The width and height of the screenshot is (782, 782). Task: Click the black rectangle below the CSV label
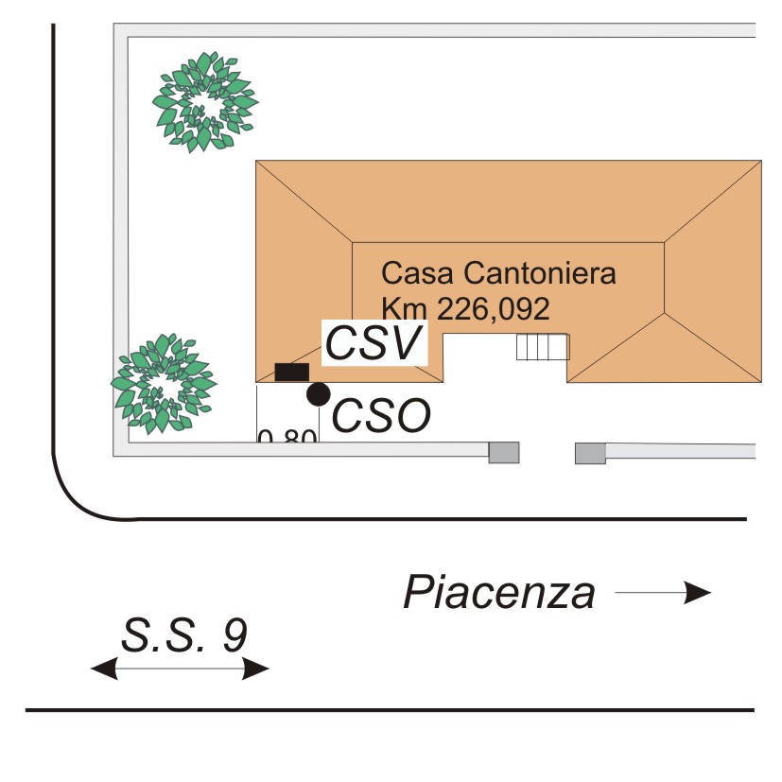(291, 372)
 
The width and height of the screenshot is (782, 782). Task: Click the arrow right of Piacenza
(663, 593)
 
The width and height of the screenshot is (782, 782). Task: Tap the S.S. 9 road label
(184, 635)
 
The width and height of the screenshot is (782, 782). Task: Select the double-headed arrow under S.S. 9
(180, 669)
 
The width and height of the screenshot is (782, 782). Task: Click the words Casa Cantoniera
(498, 274)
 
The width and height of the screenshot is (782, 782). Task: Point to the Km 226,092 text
(465, 307)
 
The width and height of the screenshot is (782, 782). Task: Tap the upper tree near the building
(205, 102)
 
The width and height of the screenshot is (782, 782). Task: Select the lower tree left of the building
(161, 382)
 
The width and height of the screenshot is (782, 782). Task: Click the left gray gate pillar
(504, 453)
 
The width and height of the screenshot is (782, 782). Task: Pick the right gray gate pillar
(590, 453)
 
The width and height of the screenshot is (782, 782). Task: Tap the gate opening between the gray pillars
(547, 453)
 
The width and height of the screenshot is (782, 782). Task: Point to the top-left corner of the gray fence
(120, 30)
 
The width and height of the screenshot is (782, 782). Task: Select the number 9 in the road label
(234, 635)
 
